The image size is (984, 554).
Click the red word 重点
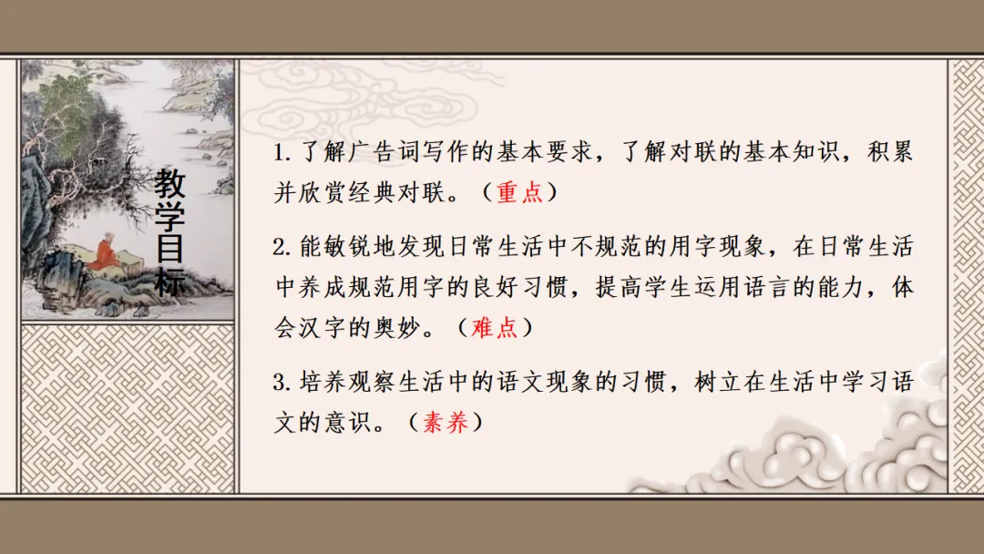point(519,193)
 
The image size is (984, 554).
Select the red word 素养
point(446,424)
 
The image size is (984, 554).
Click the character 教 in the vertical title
point(169,185)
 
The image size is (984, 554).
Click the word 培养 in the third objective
point(318,383)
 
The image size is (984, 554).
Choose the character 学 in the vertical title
point(169,217)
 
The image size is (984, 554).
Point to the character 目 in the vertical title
point(169,249)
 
